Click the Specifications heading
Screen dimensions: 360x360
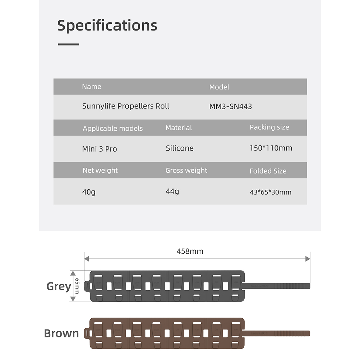click(x=107, y=26)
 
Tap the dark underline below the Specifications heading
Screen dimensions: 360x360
click(x=68, y=44)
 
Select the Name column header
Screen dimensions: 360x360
click(x=92, y=87)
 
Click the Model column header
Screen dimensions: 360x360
click(x=219, y=87)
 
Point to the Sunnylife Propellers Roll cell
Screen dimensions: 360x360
click(x=126, y=106)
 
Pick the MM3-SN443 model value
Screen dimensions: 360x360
click(x=231, y=106)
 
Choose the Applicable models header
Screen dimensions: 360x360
click(x=113, y=128)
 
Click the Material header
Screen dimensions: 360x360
click(x=179, y=128)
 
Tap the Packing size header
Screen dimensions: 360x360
click(x=269, y=127)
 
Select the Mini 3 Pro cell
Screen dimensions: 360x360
click(x=100, y=149)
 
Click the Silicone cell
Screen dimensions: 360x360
click(x=180, y=148)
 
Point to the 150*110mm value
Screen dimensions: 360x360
click(x=271, y=148)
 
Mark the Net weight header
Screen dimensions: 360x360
click(x=100, y=170)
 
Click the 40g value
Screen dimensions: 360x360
click(x=89, y=192)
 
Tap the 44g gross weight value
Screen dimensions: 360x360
click(x=172, y=191)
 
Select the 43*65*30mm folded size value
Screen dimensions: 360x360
click(x=271, y=192)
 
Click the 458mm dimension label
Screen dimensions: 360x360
click(x=190, y=251)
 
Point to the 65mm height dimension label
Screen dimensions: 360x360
click(x=77, y=286)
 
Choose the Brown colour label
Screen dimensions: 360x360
click(x=61, y=333)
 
